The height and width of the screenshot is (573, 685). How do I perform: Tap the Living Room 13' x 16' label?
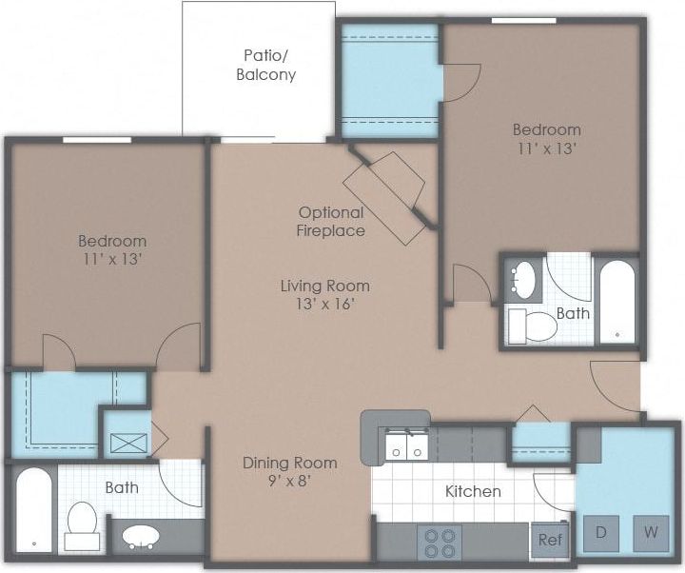click(x=324, y=294)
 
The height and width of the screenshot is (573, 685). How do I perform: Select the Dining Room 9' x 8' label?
click(x=289, y=472)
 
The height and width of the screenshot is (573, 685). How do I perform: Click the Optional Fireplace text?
click(x=330, y=221)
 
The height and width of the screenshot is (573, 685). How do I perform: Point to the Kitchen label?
click(x=473, y=491)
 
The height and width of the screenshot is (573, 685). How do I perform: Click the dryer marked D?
click(x=600, y=532)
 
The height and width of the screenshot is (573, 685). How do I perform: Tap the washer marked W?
click(x=651, y=532)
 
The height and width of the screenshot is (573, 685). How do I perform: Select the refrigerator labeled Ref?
click(x=549, y=540)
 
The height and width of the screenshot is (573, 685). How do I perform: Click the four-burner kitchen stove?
click(x=440, y=542)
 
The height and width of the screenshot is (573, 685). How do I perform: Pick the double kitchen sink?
click(x=405, y=445)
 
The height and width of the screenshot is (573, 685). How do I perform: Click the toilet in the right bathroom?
click(x=532, y=326)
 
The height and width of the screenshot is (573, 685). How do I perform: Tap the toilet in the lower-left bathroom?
click(x=81, y=526)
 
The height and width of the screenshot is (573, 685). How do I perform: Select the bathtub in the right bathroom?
click(x=616, y=299)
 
